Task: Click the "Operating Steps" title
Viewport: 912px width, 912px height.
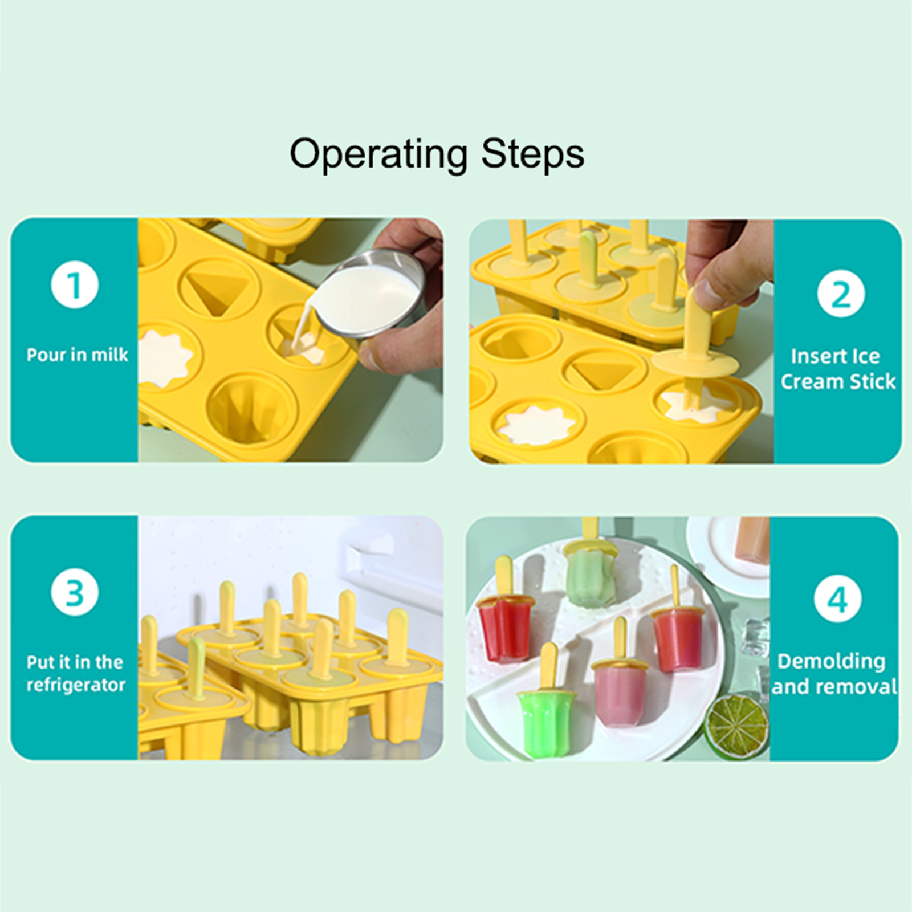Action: pos(437,154)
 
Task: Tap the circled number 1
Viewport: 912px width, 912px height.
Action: pos(75,284)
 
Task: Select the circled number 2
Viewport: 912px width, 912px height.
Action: pos(840,294)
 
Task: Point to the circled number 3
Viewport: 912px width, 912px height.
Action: pos(75,592)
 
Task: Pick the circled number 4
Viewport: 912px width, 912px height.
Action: pos(837,598)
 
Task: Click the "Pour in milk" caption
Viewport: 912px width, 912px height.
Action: pos(78,355)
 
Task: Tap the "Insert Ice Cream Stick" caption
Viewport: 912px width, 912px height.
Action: pos(837,369)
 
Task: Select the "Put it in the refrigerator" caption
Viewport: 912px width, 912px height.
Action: pos(75,673)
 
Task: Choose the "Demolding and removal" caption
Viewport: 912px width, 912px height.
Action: pos(834,674)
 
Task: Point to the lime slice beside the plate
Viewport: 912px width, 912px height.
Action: pos(736,726)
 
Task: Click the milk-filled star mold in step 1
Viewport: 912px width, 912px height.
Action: pos(165,357)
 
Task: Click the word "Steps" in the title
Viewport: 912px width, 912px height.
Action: pos(532,154)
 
